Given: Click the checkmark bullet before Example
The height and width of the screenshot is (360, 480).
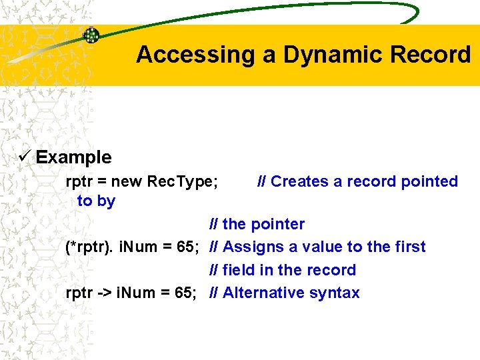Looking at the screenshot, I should [26, 157].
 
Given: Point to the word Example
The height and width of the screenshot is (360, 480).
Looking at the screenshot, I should [73, 158].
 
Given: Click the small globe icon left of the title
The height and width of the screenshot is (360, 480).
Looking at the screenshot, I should [91, 35].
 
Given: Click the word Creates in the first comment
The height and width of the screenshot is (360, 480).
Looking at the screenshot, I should [299, 181].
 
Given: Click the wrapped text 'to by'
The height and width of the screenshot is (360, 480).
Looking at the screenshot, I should [96, 201].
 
